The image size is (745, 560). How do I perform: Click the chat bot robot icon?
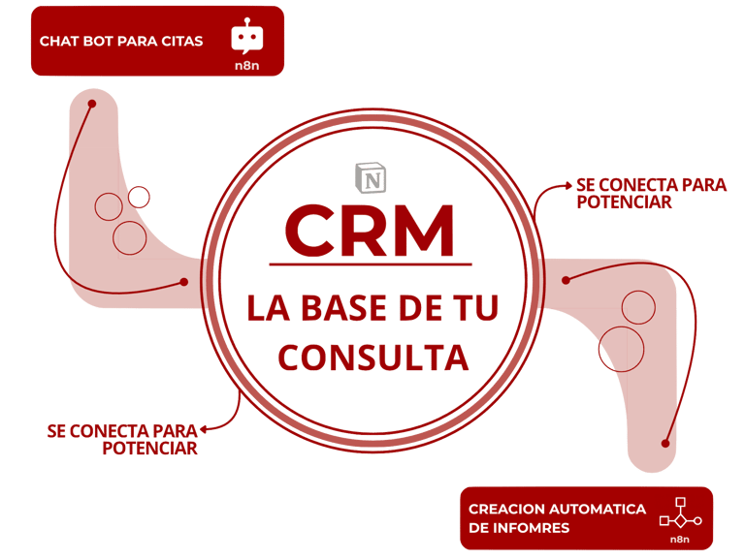point(246,38)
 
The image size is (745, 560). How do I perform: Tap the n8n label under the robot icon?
point(246,66)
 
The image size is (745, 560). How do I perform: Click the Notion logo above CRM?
point(371,177)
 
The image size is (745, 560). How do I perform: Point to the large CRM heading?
point(371,229)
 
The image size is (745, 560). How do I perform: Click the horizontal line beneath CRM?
point(371,264)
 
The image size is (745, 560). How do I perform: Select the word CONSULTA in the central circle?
point(373,358)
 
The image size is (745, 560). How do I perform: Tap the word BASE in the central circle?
point(348,309)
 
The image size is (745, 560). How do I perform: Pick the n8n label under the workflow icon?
point(680,539)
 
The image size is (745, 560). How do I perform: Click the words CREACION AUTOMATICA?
point(557,509)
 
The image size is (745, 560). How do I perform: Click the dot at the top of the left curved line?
point(92,104)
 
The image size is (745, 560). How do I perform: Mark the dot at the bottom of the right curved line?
point(665,443)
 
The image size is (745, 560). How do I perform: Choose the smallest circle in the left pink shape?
point(140,198)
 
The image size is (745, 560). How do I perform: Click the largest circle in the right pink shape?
point(622,348)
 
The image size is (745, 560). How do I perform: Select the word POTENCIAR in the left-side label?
point(149,448)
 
